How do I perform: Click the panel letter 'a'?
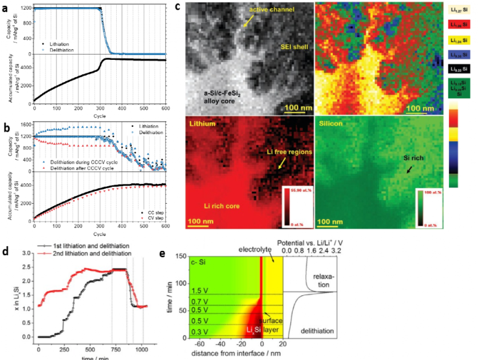point(5,5)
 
